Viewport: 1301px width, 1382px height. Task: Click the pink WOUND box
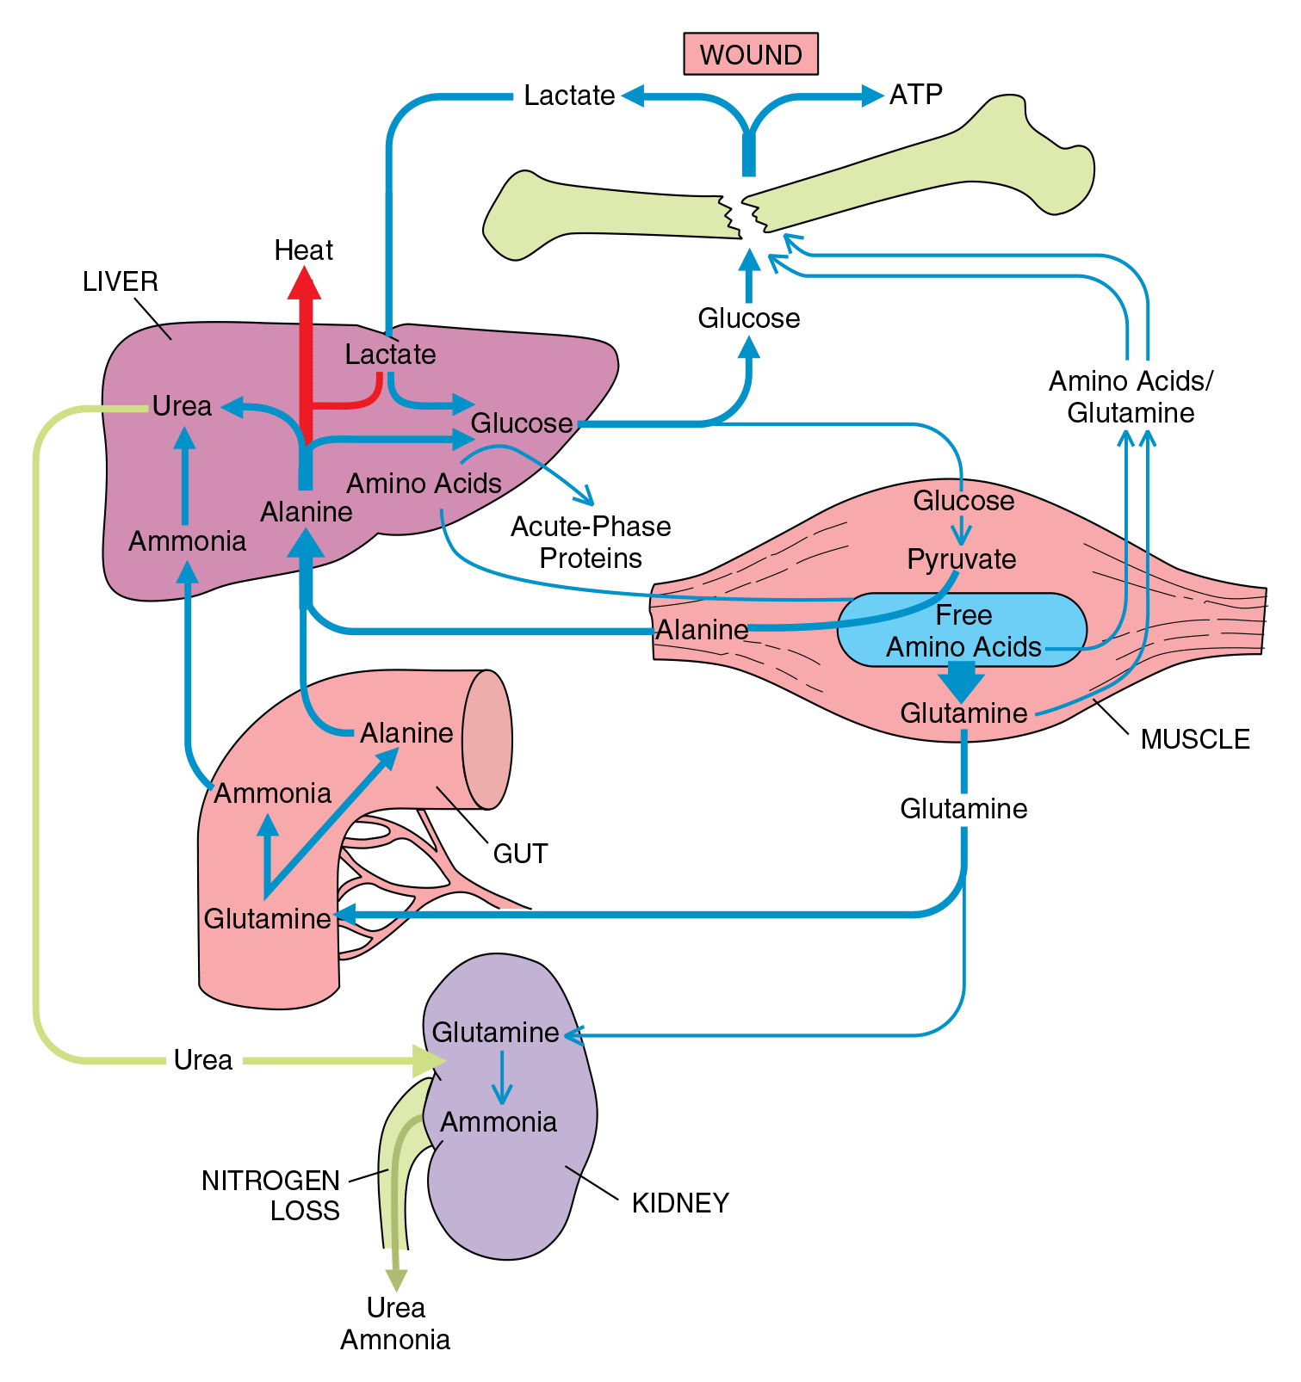750,54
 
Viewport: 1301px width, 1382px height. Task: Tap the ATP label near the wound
915,94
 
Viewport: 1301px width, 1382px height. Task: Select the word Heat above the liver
303,250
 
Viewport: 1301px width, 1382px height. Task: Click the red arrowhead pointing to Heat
304,282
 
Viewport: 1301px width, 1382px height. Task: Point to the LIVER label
120,281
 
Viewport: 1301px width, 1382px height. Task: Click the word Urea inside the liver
182,406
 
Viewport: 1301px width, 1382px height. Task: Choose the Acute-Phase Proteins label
591,542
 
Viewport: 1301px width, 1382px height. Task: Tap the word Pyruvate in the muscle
961,559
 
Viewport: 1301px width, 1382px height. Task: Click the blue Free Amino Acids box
963,630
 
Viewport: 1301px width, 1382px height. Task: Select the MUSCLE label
1194,739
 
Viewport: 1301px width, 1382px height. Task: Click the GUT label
520,854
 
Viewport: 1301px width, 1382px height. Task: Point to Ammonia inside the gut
272,793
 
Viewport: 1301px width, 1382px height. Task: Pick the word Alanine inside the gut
406,733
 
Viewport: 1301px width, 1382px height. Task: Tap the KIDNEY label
680,1203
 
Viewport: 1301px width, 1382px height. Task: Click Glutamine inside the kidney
495,1033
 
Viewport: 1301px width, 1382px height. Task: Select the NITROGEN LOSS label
270,1195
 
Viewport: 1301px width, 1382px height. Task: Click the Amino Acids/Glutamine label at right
1131,397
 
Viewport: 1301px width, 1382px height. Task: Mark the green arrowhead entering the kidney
426,1061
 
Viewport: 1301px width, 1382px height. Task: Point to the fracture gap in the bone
740,215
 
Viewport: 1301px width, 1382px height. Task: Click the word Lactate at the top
569,95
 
